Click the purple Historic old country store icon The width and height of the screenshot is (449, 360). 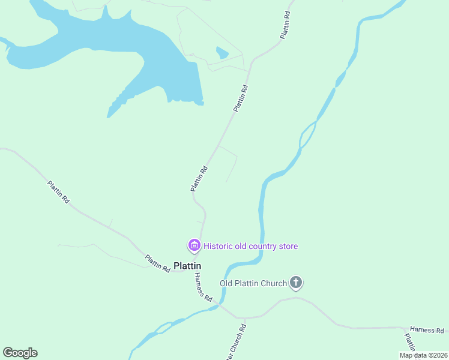[194, 245]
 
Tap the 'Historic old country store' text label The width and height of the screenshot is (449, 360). [250, 246]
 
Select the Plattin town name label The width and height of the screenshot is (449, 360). [187, 265]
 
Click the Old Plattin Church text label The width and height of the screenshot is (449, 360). [253, 283]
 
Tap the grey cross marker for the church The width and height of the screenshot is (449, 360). [295, 282]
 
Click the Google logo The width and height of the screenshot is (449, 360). [20, 353]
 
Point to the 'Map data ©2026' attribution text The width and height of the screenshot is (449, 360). [423, 355]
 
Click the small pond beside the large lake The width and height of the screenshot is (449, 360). [222, 53]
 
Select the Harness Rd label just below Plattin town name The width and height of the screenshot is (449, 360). [203, 287]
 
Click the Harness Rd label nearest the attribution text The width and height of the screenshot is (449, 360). [427, 330]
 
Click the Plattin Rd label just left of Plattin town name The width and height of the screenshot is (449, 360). [157, 263]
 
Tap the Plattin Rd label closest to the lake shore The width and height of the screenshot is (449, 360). [241, 98]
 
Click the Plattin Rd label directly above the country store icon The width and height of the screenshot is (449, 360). [199, 179]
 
